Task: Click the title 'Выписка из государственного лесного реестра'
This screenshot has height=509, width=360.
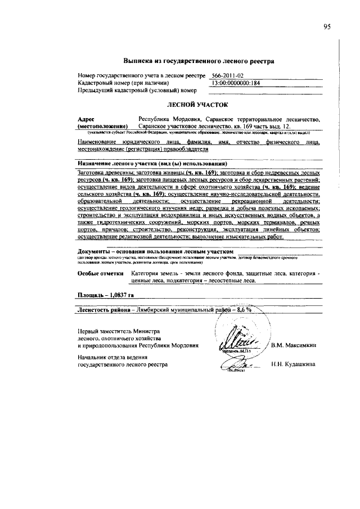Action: pyautogui.click(x=199, y=61)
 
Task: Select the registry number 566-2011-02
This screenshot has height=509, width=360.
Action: pyautogui.click(x=228, y=75)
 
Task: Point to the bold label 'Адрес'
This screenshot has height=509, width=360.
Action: pyautogui.click(x=86, y=119)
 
